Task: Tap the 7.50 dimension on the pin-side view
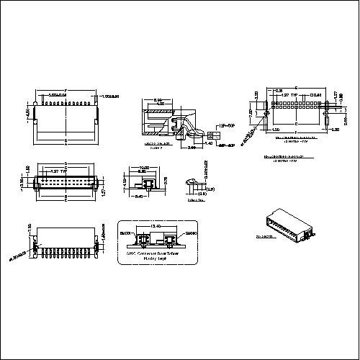click(30, 227)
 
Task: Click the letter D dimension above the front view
click(66, 164)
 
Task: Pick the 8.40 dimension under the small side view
click(140, 195)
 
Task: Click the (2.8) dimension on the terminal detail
click(210, 189)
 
